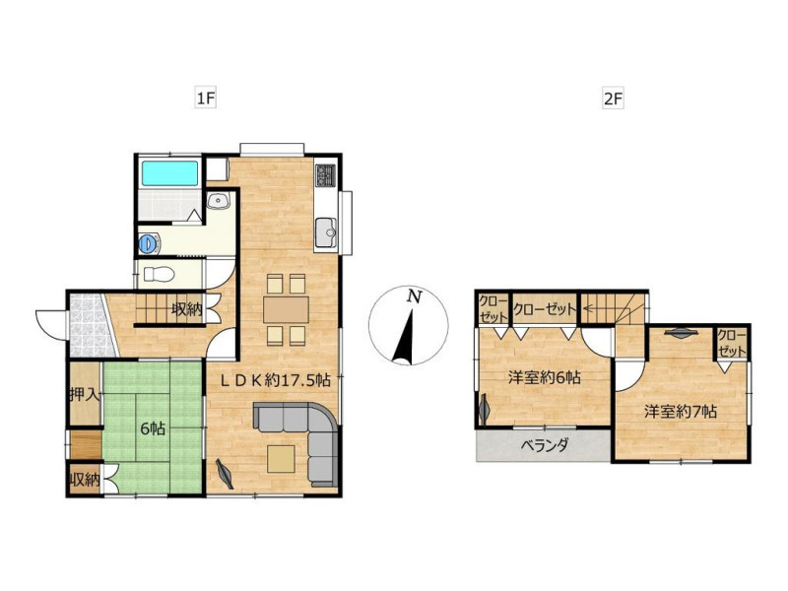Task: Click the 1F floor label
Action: pyautogui.click(x=205, y=98)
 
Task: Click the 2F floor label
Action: pyautogui.click(x=613, y=98)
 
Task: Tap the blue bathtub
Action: pyautogui.click(x=169, y=173)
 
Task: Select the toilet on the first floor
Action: pyautogui.click(x=159, y=274)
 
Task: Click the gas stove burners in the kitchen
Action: pyautogui.click(x=325, y=175)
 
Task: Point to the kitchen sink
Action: pyautogui.click(x=326, y=232)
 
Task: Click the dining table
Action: pyautogui.click(x=286, y=309)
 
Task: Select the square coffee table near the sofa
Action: pyautogui.click(x=281, y=459)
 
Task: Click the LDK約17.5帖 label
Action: pyautogui.click(x=276, y=380)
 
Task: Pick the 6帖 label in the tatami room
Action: pyautogui.click(x=153, y=428)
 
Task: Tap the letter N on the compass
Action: pyautogui.click(x=414, y=296)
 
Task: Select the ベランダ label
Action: pyautogui.click(x=545, y=445)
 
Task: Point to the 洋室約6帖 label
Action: pyautogui.click(x=545, y=377)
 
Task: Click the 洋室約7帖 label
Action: pyautogui.click(x=681, y=412)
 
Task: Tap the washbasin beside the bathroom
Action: pyautogui.click(x=218, y=201)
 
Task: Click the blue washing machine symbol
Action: pyautogui.click(x=149, y=243)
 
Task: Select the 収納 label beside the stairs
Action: pyautogui.click(x=186, y=308)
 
